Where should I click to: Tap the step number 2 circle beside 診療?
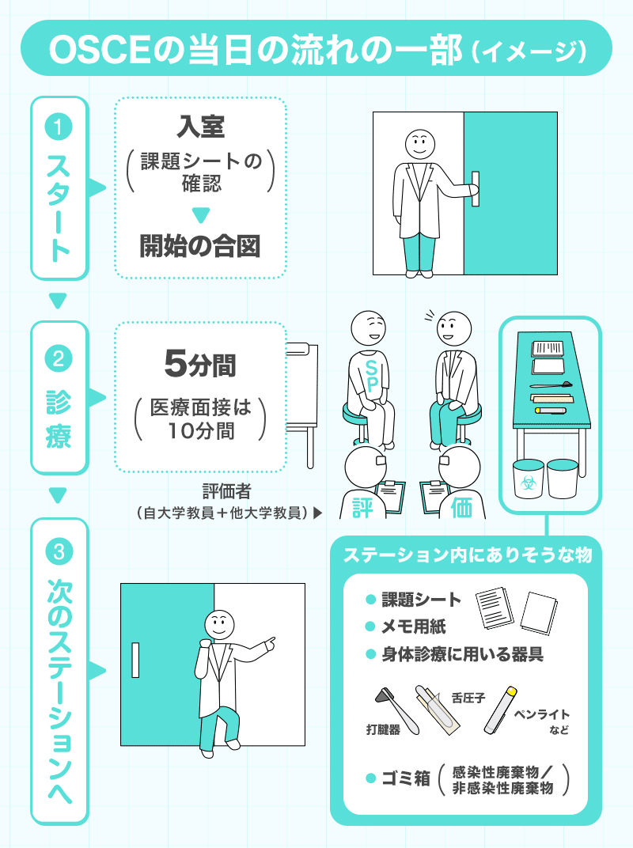click(x=59, y=360)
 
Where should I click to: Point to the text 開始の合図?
click(x=200, y=247)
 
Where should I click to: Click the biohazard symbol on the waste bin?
click(x=528, y=480)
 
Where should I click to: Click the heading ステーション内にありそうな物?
click(x=467, y=555)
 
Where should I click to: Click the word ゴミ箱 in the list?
click(x=406, y=778)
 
